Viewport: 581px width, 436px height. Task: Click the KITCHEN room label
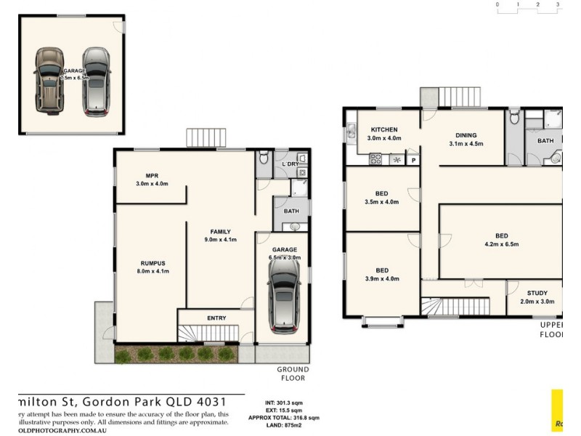(383, 130)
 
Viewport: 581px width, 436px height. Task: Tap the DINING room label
(466, 135)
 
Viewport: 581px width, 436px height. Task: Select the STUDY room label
(537, 294)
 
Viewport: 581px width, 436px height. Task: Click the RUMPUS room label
(153, 263)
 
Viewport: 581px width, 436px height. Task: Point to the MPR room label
(152, 176)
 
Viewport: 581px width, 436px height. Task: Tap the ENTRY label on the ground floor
(216, 318)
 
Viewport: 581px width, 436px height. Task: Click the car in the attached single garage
(283, 294)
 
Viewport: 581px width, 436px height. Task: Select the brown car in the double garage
(49, 80)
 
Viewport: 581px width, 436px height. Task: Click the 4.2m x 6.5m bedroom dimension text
(501, 244)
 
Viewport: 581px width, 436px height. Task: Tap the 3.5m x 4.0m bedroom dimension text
(381, 202)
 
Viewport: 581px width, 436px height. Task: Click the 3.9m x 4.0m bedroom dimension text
(381, 279)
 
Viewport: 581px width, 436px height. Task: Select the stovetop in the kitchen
(376, 159)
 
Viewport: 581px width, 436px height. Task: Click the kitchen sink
(350, 132)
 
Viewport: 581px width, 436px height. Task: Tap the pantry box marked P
(413, 160)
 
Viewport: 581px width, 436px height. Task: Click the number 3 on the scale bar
(558, 4)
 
